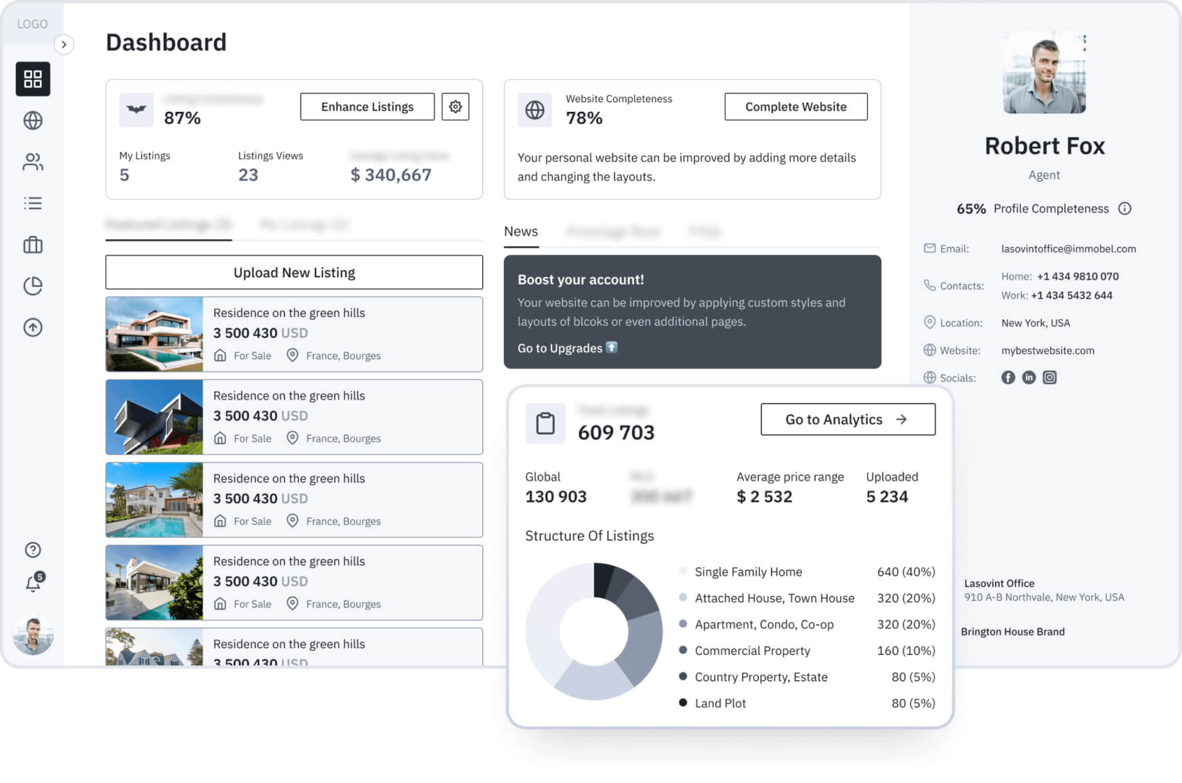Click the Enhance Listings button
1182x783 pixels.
367,107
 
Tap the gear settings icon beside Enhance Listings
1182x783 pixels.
455,107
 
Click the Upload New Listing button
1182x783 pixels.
294,272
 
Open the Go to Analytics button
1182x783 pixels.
847,419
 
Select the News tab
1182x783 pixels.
521,232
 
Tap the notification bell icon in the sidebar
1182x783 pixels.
33,583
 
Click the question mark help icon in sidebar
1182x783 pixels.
33,550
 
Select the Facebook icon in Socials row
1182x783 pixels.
1008,378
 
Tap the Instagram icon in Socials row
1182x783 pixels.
1049,378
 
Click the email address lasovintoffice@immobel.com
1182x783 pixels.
1068,249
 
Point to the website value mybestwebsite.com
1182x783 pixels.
1047,350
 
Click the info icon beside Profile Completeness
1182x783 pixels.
1124,209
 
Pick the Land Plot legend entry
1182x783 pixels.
720,703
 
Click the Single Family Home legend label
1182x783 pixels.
748,572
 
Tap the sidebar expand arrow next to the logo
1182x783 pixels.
64,45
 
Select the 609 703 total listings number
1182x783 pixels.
616,432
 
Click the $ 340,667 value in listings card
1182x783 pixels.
391,175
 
